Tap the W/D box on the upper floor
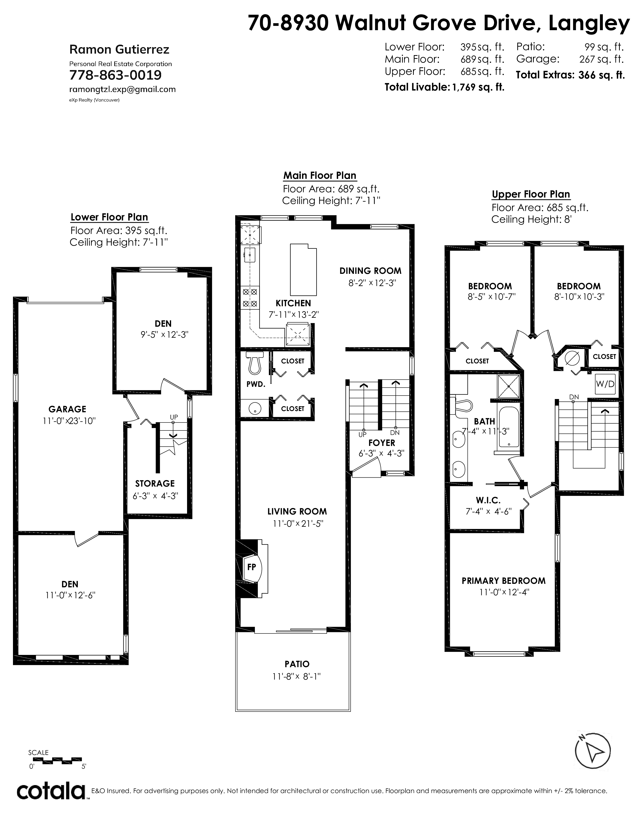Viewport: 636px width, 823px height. [x=605, y=384]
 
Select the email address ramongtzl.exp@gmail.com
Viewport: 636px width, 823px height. [x=122, y=89]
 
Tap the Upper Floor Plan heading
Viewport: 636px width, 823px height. [x=531, y=195]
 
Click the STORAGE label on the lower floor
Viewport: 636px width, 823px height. [x=155, y=484]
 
